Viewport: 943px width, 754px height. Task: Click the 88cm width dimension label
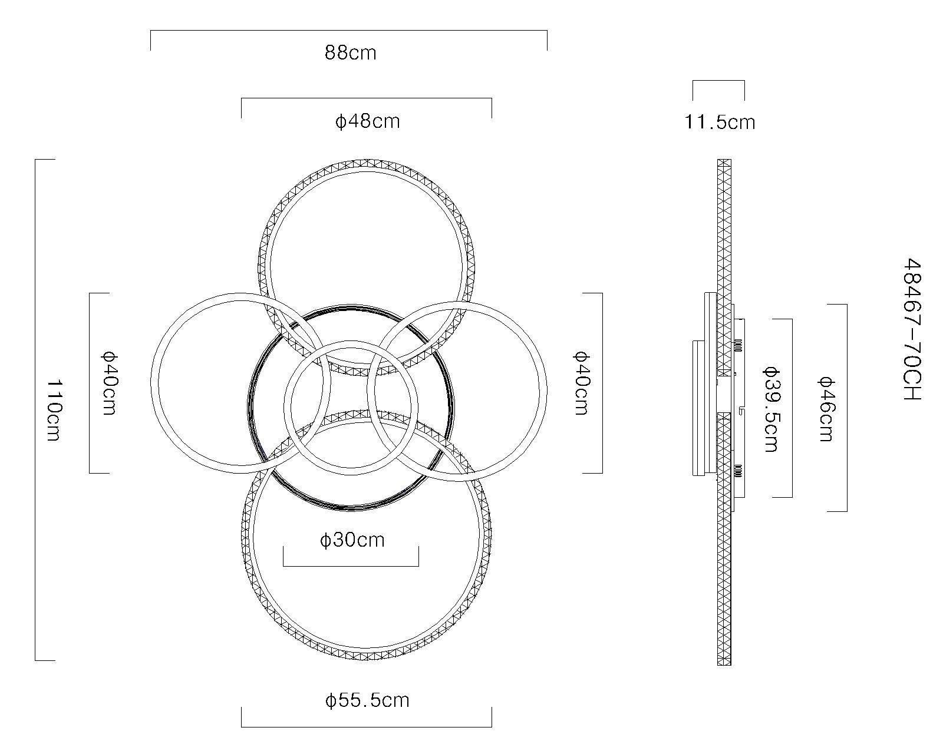tap(350, 53)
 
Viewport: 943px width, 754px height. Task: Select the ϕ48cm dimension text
tap(367, 121)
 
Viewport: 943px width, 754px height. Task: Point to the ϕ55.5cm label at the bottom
tap(367, 700)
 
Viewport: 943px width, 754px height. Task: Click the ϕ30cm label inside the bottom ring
tap(352, 540)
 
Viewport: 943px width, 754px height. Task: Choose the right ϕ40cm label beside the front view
tap(581, 383)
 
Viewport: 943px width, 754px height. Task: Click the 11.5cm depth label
tap(720, 122)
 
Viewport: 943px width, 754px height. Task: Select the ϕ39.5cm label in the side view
tap(770, 408)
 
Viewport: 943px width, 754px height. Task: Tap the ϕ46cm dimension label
tap(825, 408)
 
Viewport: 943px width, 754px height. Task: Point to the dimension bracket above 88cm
tap(349, 31)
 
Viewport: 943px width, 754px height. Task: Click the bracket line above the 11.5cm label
tap(718, 81)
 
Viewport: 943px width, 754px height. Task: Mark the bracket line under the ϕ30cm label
tap(351, 565)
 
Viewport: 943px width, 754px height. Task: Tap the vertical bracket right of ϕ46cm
tap(847, 408)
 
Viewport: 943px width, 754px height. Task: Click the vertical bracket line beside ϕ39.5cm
tap(792, 408)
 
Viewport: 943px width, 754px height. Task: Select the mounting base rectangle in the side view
tap(698, 408)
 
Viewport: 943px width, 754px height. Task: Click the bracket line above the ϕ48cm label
tap(366, 98)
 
